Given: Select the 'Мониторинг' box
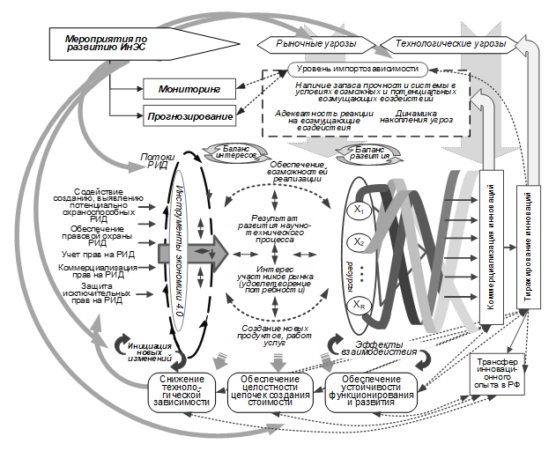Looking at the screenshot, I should [189, 89].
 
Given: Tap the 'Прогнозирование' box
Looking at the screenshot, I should [189, 115].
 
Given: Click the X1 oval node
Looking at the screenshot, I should [358, 211].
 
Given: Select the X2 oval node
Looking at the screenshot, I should [358, 241].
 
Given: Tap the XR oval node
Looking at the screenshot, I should [358, 305].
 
